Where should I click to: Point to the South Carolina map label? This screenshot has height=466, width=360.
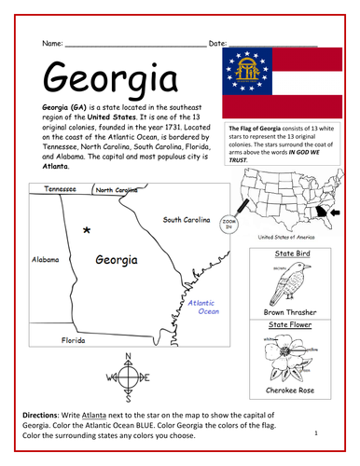187,220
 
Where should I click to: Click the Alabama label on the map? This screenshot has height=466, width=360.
48,260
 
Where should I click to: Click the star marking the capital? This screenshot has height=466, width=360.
86,229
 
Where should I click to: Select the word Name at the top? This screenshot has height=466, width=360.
52,44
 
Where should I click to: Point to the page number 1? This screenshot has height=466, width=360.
317,432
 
